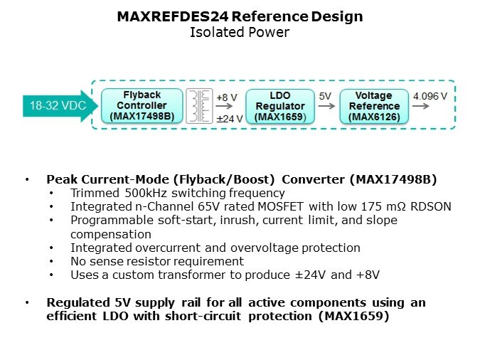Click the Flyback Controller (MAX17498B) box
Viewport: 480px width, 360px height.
pos(142,106)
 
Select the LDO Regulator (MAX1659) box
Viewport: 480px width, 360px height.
pos(280,106)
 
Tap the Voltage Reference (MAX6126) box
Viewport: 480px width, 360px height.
pos(374,106)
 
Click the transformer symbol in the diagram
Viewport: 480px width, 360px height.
pos(199,106)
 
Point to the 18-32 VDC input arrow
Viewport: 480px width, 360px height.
pos(60,106)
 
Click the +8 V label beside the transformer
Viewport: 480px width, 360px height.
pos(227,97)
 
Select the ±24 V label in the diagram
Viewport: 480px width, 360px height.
pos(230,119)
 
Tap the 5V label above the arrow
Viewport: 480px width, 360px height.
pos(325,96)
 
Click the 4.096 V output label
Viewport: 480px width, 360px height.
pos(430,96)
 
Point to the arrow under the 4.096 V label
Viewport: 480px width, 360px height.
pos(420,106)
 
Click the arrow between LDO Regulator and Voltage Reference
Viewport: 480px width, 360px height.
pos(326,106)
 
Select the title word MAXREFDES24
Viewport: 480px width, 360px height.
pos(173,16)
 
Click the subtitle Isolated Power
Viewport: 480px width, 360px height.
pos(240,32)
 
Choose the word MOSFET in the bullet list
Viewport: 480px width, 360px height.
pos(281,206)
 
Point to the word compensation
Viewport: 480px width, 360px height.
pos(111,234)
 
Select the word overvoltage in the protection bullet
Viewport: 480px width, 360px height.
pos(265,248)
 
